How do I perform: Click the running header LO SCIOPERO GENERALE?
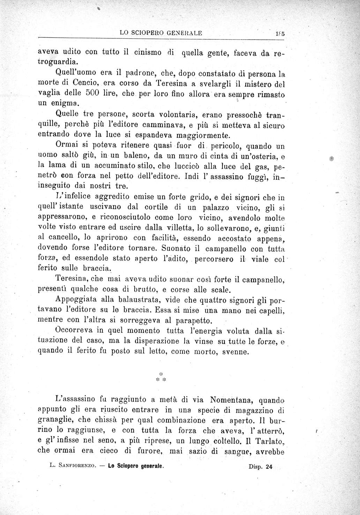pos(160,33)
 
